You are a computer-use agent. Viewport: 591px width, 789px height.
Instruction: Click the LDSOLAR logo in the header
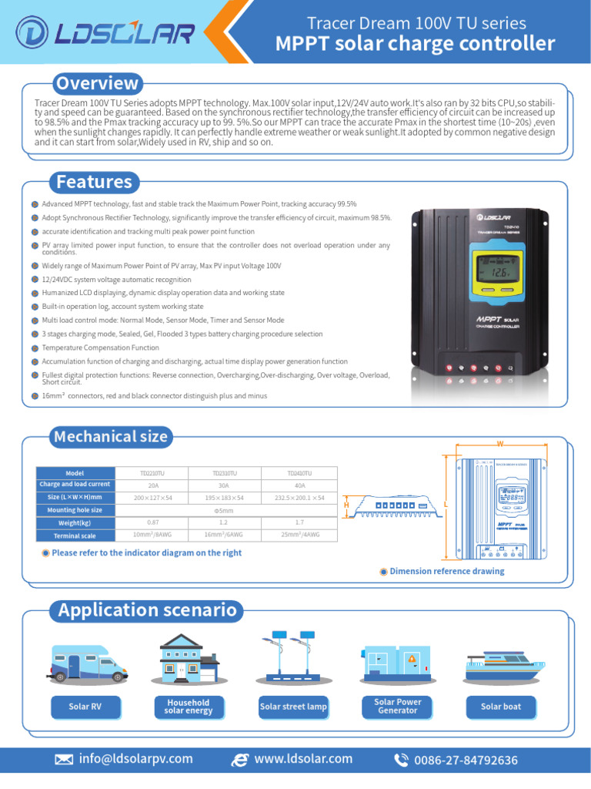pyautogui.click(x=105, y=33)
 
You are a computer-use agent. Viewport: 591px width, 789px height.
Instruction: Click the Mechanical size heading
pyautogui.click(x=110, y=437)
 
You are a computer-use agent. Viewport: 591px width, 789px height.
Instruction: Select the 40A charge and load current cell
pyautogui.click(x=299, y=485)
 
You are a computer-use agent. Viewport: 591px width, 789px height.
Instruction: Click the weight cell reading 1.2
pyautogui.click(x=225, y=522)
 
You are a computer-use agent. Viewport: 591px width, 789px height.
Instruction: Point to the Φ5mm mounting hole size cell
pyautogui.click(x=225, y=510)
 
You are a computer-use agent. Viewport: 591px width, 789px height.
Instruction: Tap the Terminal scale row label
pyautogui.click(x=75, y=535)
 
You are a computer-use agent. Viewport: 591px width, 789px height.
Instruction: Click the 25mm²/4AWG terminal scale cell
pyautogui.click(x=299, y=535)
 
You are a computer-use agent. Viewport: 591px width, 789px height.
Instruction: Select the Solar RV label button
pyautogui.click(x=85, y=707)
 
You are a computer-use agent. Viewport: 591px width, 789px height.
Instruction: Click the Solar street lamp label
pyautogui.click(x=293, y=707)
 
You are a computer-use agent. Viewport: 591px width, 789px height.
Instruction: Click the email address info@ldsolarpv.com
pyautogui.click(x=135, y=759)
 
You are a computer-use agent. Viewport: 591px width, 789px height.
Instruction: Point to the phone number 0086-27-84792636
pyautogui.click(x=466, y=760)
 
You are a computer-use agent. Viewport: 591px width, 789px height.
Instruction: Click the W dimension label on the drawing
pyautogui.click(x=499, y=445)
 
